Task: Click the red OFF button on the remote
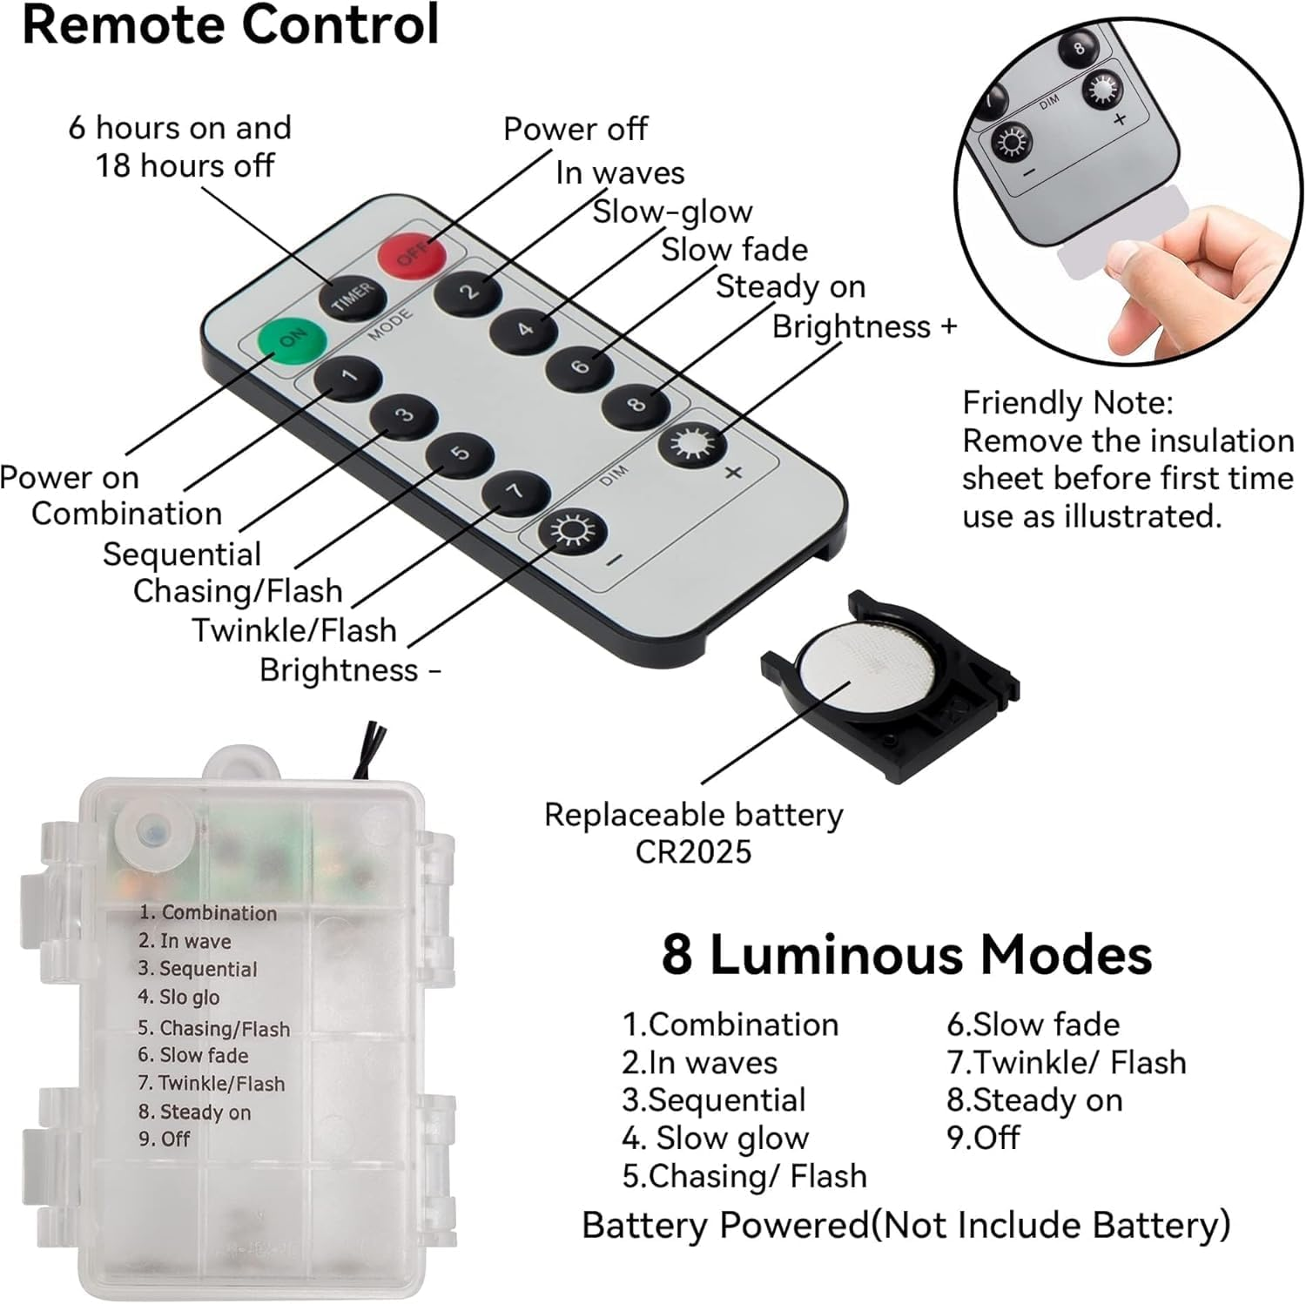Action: pos(412,254)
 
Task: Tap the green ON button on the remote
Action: pos(293,339)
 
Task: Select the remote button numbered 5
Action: pos(460,454)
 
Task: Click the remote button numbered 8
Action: pos(636,405)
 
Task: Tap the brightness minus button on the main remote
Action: pos(571,530)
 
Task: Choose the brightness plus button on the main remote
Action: pos(692,444)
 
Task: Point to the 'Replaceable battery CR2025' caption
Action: pos(693,833)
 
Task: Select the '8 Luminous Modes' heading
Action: pos(906,955)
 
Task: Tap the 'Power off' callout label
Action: pos(575,129)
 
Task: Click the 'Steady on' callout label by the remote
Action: pos(790,286)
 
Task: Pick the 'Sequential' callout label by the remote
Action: pos(182,555)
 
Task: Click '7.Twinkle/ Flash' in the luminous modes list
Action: pos(1066,1062)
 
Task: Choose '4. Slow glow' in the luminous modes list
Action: pos(716,1138)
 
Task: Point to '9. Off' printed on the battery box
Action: pos(165,1139)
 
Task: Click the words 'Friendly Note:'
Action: pos(1067,403)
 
